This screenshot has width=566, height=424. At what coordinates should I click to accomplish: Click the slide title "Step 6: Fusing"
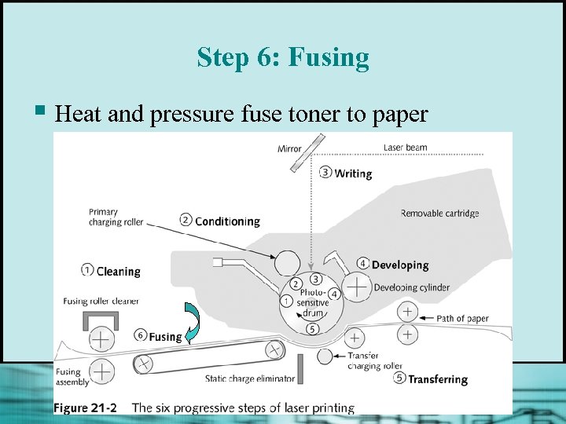[x=283, y=57]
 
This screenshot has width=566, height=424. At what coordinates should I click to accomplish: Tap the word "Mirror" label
[x=289, y=148]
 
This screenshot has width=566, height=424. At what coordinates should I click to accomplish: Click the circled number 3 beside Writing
[x=325, y=172]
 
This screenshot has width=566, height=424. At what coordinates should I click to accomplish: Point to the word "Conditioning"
[x=226, y=221]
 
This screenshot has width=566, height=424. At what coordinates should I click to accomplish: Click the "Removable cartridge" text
[x=439, y=214]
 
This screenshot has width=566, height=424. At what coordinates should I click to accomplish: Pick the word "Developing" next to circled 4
[x=400, y=265]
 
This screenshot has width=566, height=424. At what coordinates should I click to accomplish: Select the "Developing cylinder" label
[x=412, y=287]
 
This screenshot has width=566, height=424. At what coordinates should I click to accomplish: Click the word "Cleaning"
[x=118, y=272]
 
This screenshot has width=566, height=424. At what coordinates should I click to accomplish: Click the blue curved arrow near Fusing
[x=192, y=323]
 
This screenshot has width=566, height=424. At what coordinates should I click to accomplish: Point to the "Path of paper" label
[x=462, y=318]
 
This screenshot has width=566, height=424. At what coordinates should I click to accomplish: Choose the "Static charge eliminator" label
[x=250, y=378]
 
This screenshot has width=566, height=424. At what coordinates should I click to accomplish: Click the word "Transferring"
[x=438, y=378]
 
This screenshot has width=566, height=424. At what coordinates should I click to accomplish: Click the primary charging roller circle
[x=287, y=262]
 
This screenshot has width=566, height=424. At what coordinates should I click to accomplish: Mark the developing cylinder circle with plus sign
[x=358, y=288]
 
